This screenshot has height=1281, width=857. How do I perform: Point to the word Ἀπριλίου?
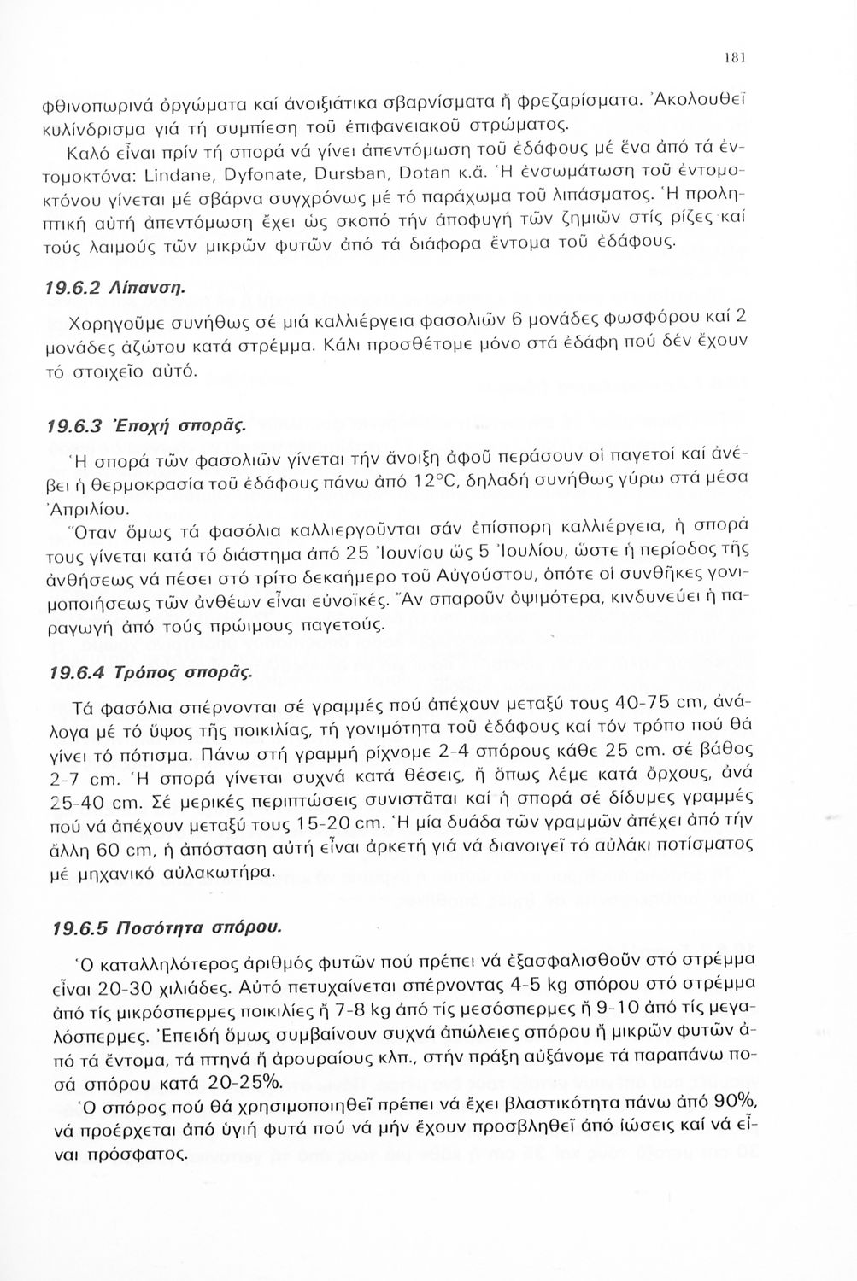pyautogui.click(x=99, y=511)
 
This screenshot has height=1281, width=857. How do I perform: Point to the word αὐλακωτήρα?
pyautogui.click(x=226, y=872)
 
